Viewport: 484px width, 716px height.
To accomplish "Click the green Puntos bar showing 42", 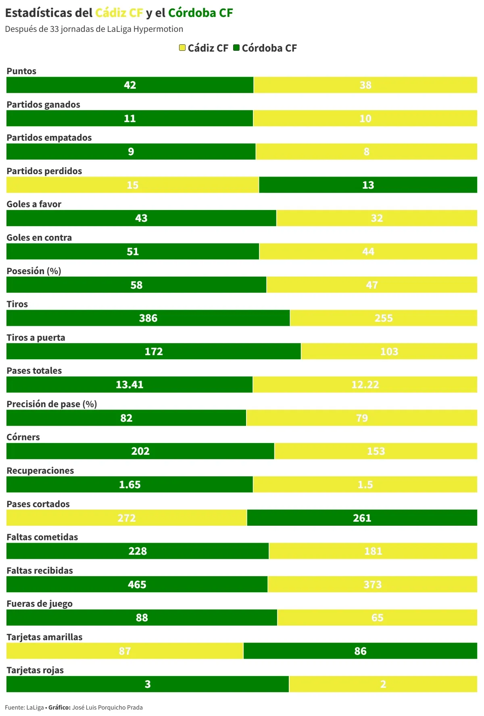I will (x=130, y=85).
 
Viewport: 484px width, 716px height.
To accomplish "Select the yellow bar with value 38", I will (x=365, y=85).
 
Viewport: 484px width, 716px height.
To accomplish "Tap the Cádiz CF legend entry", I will (x=204, y=48).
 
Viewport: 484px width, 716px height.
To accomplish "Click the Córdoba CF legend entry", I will (x=265, y=48).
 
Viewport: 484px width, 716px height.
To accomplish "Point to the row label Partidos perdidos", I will (x=44, y=171).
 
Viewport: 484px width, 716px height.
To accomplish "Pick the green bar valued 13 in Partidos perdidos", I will (x=368, y=185).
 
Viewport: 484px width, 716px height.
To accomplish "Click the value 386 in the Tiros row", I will (x=148, y=318).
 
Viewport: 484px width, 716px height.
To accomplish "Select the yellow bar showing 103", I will (x=389, y=352).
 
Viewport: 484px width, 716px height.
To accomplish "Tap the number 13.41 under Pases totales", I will (x=129, y=385).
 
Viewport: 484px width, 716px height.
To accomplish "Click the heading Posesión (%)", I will (x=34, y=271).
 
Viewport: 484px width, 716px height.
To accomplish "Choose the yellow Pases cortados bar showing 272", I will (x=127, y=518).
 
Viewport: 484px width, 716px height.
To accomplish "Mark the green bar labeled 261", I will (x=362, y=518).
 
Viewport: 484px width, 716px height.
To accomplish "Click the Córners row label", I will (x=23, y=437).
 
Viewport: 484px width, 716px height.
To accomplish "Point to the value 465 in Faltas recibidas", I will (x=137, y=585).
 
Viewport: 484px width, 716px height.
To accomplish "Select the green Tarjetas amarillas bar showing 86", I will (x=360, y=651).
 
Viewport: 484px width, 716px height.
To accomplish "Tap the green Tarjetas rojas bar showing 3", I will (x=148, y=684).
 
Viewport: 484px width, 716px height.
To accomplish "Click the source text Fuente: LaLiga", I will (x=25, y=708).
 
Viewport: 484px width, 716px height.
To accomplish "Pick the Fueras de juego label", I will (x=40, y=604).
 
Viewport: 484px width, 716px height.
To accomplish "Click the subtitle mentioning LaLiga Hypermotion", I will (x=94, y=29).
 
